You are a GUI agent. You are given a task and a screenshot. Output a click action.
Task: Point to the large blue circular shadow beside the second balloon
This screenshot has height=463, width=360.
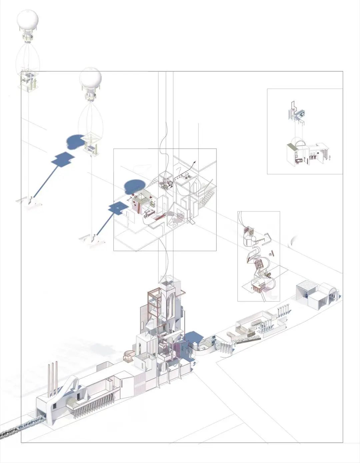pos(75,141)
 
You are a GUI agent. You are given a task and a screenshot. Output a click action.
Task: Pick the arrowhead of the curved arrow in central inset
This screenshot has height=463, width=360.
pos(195,161)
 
